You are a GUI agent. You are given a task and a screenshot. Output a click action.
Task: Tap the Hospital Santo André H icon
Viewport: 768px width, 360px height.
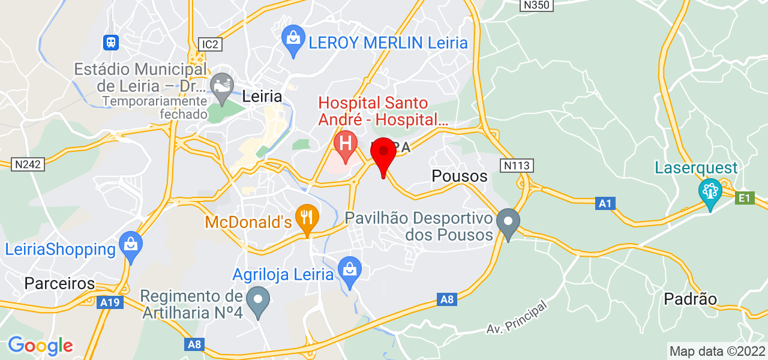click(x=346, y=145)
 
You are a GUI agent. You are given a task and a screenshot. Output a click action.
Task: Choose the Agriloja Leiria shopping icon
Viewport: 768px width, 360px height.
click(x=349, y=270)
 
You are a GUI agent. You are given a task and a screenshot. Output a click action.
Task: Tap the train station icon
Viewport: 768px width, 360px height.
click(x=111, y=42)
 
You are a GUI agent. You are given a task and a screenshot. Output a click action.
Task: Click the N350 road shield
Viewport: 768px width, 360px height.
click(x=536, y=5)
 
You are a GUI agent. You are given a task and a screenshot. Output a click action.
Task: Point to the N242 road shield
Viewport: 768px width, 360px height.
click(x=28, y=164)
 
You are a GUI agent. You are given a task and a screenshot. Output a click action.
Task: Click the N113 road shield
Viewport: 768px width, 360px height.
click(x=517, y=165)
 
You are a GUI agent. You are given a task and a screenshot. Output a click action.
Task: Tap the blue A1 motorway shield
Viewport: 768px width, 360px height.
click(x=605, y=204)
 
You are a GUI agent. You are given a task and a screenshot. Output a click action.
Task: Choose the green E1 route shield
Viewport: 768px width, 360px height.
click(x=745, y=197)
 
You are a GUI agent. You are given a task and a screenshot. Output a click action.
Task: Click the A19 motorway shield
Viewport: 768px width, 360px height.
click(x=110, y=302)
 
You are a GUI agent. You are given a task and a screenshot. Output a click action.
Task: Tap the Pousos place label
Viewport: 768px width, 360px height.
click(x=460, y=176)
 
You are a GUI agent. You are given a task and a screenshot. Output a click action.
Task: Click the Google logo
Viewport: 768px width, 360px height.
click(x=40, y=346)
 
